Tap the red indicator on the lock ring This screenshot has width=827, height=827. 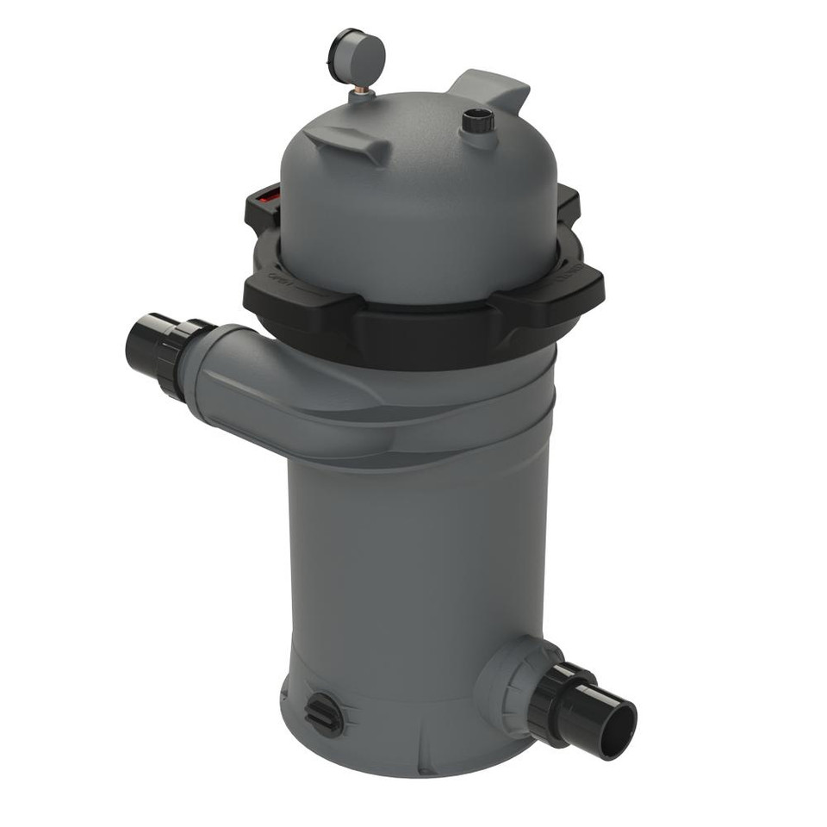pyautogui.click(x=269, y=195)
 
